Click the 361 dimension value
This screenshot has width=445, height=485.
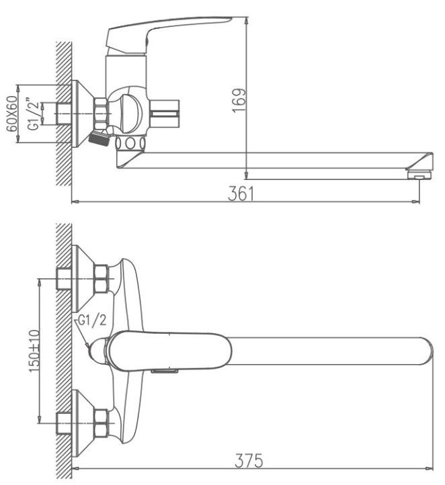pos(241,193)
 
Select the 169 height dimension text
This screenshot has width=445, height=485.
pos(239,101)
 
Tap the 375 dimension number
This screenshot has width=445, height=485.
pos(249,461)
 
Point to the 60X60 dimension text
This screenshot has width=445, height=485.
pos(12,114)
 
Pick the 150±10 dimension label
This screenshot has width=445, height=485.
pos(34,351)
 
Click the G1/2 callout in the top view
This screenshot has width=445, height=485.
pos(92,320)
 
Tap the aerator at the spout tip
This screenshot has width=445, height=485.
pos(419,175)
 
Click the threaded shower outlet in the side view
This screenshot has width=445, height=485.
pos(99,138)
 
